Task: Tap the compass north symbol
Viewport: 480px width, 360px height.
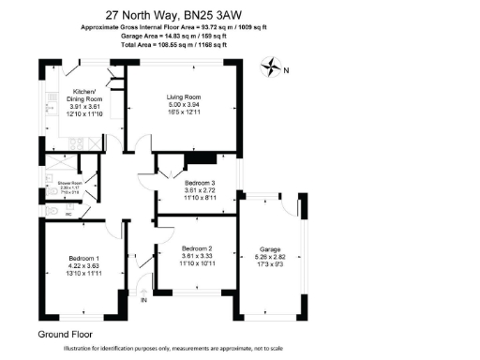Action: pos(273,67)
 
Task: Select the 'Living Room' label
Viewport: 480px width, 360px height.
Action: pos(186,96)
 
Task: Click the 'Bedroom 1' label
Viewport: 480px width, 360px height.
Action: pos(83,258)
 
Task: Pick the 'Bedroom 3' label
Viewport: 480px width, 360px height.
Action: pos(200,182)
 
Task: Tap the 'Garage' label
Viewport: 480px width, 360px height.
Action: pos(270,249)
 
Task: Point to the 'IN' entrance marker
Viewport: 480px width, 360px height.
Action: pos(143,301)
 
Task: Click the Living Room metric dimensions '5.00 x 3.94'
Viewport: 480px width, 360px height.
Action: pos(186,104)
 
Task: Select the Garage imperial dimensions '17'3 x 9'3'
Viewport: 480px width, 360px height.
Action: pos(270,266)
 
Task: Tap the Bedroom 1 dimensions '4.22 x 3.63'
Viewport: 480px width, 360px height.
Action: pos(83,266)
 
